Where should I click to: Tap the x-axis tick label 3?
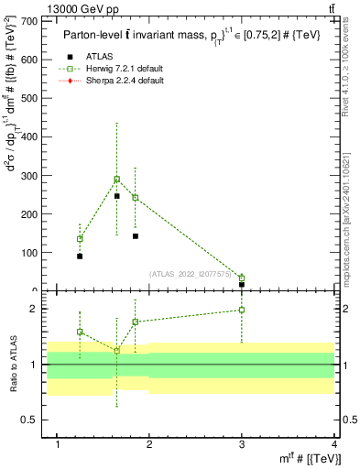point(242,445)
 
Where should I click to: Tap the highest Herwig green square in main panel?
point(116,180)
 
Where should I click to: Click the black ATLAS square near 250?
point(116,196)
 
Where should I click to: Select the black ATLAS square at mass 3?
point(242,284)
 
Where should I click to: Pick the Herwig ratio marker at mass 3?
point(242,310)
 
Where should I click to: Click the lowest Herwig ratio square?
point(116,351)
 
